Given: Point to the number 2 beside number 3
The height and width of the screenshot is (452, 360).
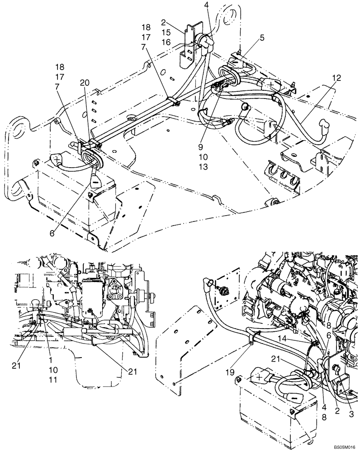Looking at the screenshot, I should pyautogui.click(x=336, y=410).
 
